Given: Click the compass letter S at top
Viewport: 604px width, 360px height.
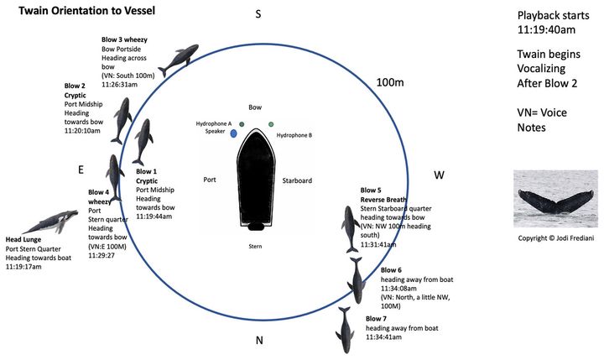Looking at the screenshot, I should pyautogui.click(x=258, y=13).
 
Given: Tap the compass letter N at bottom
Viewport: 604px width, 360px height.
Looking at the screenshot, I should pyautogui.click(x=259, y=340).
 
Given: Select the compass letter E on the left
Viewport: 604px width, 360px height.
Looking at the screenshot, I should pyautogui.click(x=81, y=170).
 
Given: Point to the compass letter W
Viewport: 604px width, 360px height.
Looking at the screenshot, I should pyautogui.click(x=438, y=175).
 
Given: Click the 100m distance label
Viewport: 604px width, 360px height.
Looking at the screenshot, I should pyautogui.click(x=389, y=82).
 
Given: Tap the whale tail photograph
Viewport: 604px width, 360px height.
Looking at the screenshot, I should pyautogui.click(x=555, y=198).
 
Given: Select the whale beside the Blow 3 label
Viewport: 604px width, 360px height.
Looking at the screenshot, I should pyautogui.click(x=178, y=59).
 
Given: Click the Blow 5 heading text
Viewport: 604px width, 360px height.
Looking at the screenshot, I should pyautogui.click(x=371, y=190).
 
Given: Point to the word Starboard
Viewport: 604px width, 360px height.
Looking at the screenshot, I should pyautogui.click(x=297, y=180).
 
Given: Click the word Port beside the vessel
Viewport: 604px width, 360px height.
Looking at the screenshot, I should pyautogui.click(x=211, y=180).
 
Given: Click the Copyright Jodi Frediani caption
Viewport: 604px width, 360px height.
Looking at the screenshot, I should pyautogui.click(x=555, y=238).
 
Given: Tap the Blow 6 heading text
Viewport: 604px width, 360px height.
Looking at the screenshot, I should pyautogui.click(x=391, y=270).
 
